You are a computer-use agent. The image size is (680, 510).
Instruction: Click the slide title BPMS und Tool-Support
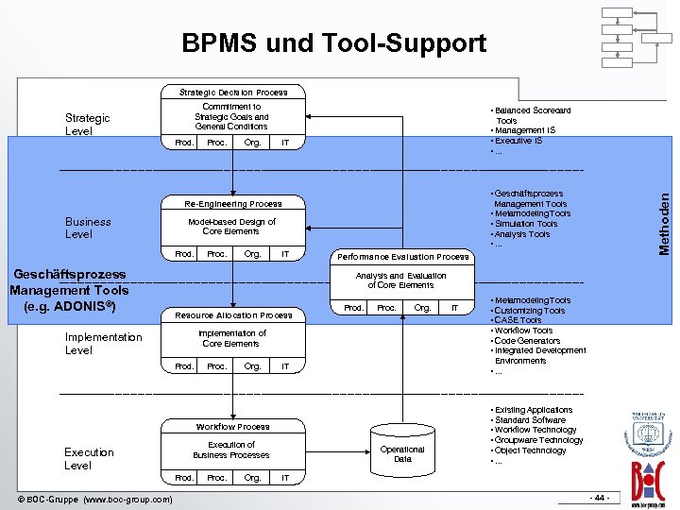coord(334,43)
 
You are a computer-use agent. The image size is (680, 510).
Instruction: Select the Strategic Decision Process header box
coord(232,92)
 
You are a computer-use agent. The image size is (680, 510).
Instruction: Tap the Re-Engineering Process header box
coord(232,203)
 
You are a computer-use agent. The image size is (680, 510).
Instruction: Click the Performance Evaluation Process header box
coord(402,256)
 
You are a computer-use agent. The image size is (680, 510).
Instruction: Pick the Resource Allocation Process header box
coord(232,314)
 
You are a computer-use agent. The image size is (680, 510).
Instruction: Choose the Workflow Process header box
coord(232,427)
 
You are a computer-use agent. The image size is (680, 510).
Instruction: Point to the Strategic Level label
coord(87,125)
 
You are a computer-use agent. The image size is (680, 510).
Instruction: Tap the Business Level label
coord(88,228)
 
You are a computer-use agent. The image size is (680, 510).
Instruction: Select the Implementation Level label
coord(103,343)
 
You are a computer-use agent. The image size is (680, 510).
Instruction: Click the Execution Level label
coord(89,458)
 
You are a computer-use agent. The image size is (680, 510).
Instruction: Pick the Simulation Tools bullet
coord(525,224)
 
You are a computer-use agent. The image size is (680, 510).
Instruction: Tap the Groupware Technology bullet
coord(537,440)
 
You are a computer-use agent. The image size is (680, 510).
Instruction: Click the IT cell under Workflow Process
coord(285,478)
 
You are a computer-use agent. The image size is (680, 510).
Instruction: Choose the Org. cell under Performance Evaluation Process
coord(421,308)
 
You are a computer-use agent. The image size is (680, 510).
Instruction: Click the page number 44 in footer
coord(598,498)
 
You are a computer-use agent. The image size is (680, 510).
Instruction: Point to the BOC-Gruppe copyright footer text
coord(95,499)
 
